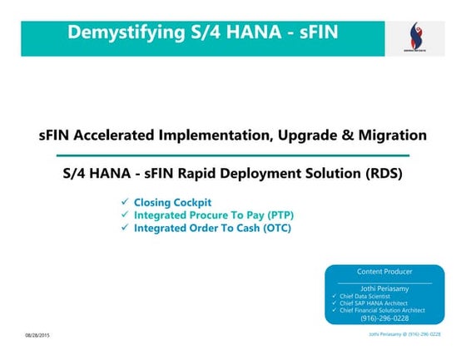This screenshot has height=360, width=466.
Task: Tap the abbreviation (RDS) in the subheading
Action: click(x=378, y=175)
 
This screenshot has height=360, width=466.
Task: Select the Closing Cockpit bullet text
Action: click(x=172, y=202)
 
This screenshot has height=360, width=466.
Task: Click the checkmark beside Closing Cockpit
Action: click(x=124, y=202)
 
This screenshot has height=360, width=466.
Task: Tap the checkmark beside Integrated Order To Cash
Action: click(x=124, y=227)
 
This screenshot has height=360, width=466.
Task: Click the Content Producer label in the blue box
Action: click(x=384, y=272)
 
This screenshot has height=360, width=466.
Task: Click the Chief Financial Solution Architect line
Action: click(x=381, y=309)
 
